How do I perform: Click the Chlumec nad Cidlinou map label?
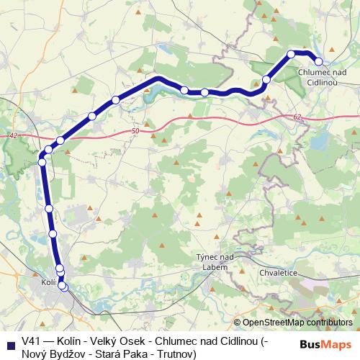click(x=322, y=77)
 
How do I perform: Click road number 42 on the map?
click(x=14, y=135)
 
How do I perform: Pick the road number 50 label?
click(x=136, y=130)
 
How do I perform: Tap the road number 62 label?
click(x=297, y=117)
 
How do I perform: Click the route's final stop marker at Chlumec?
click(x=318, y=61)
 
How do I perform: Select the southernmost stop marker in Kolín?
click(x=63, y=287)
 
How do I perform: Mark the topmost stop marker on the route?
click(x=292, y=54)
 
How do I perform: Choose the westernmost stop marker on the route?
click(x=42, y=162)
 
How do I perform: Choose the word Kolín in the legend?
click(x=68, y=342)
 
